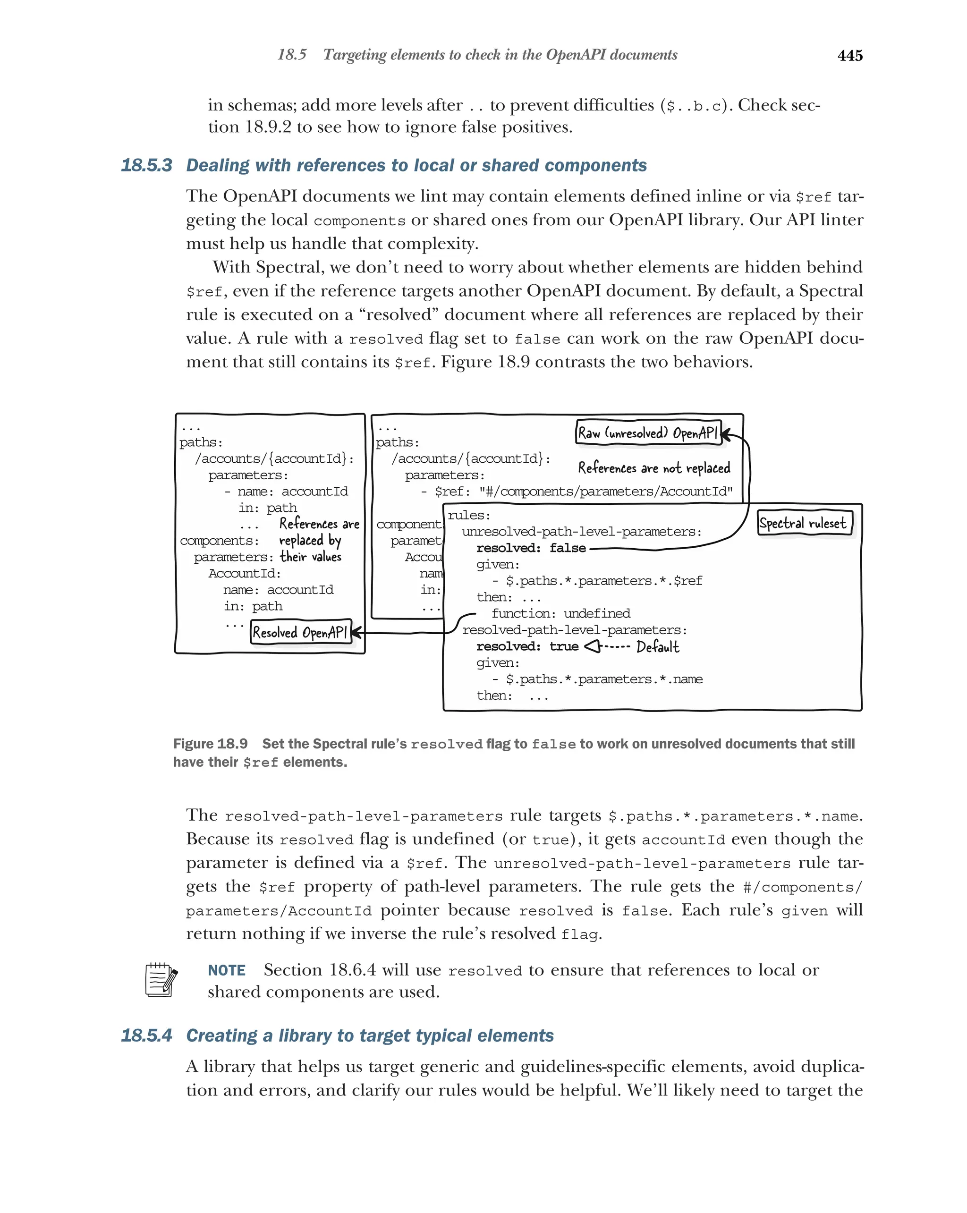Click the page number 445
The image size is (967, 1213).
click(849, 55)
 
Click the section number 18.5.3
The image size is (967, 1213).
click(146, 165)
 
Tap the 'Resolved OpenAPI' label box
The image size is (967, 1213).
click(300, 632)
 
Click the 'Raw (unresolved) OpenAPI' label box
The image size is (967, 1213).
click(647, 433)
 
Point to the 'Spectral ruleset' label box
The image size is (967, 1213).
click(803, 523)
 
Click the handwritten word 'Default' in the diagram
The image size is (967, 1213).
click(658, 647)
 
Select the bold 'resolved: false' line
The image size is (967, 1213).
click(530, 548)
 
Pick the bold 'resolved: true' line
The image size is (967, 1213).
click(526, 646)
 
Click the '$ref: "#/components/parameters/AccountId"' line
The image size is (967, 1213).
click(583, 492)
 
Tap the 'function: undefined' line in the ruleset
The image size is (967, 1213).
click(560, 613)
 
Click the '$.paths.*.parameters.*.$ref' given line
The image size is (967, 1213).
click(603, 581)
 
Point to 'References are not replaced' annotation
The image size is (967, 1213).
click(653, 468)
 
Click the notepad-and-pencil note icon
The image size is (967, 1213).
click(161, 980)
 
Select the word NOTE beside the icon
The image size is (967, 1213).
click(226, 970)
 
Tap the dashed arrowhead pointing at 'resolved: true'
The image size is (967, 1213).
click(592, 646)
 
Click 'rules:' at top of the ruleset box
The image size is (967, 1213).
click(468, 515)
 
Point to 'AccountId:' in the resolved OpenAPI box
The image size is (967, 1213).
click(244, 573)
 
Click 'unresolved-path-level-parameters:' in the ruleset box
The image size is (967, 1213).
click(581, 532)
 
